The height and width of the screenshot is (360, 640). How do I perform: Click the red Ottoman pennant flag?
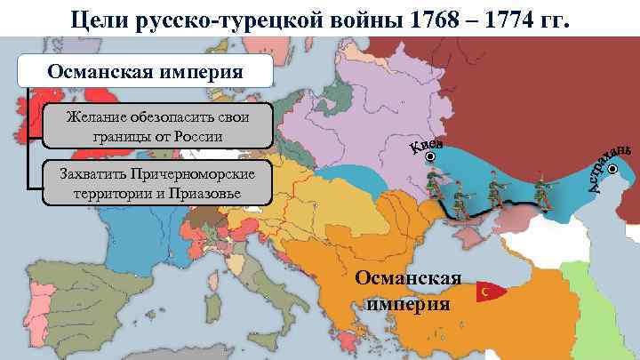(x=489, y=292)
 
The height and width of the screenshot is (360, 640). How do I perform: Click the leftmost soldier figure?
(x=436, y=189)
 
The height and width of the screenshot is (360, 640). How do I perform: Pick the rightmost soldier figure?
(x=540, y=191)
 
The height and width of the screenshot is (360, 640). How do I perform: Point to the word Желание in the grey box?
(x=96, y=119)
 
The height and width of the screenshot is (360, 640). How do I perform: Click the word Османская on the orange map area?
(x=408, y=279)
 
